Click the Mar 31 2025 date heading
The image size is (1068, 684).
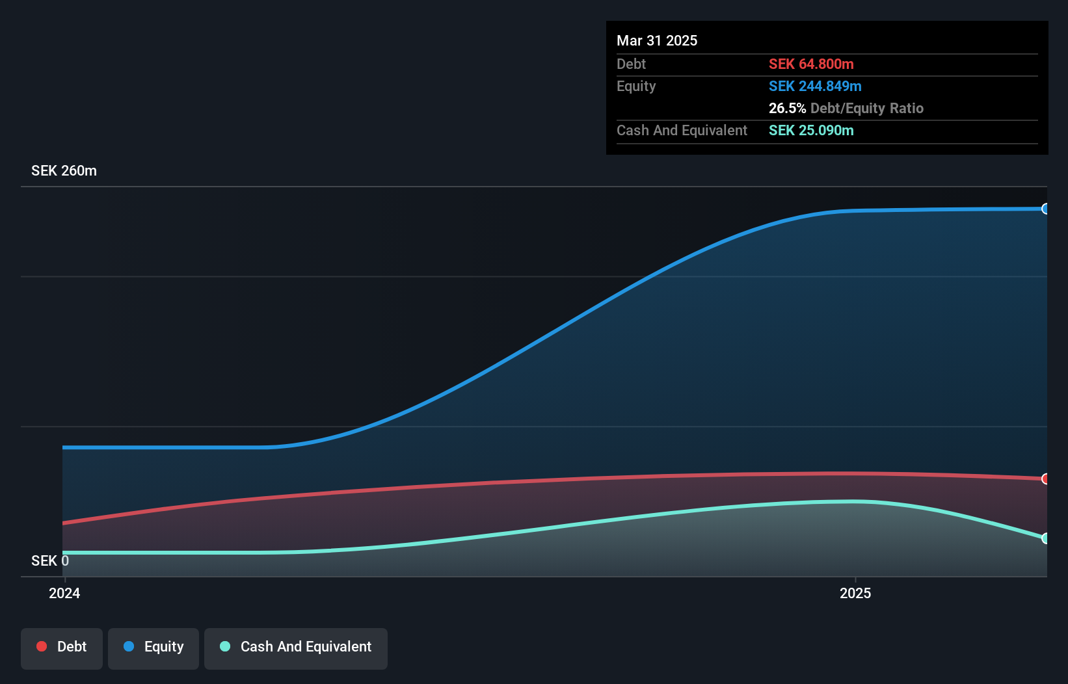click(656, 40)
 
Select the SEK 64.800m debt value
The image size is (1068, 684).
click(810, 64)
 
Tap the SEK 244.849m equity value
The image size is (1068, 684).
click(814, 86)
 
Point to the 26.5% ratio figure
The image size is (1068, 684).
click(787, 108)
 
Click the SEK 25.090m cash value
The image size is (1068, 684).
click(810, 130)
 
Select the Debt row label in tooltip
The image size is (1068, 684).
click(631, 64)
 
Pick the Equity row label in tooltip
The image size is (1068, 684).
click(635, 86)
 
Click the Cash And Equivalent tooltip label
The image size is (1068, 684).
click(682, 130)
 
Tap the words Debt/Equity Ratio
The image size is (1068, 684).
click(866, 108)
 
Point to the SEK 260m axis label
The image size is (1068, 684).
click(64, 170)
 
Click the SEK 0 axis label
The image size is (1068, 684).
click(49, 560)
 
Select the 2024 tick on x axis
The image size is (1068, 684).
click(64, 593)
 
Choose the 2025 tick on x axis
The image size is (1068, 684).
click(855, 593)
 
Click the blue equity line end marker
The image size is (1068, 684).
click(1045, 209)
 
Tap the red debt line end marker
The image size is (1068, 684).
click(1045, 479)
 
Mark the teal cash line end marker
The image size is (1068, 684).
click(1045, 538)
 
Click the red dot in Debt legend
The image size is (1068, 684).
click(42, 646)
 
